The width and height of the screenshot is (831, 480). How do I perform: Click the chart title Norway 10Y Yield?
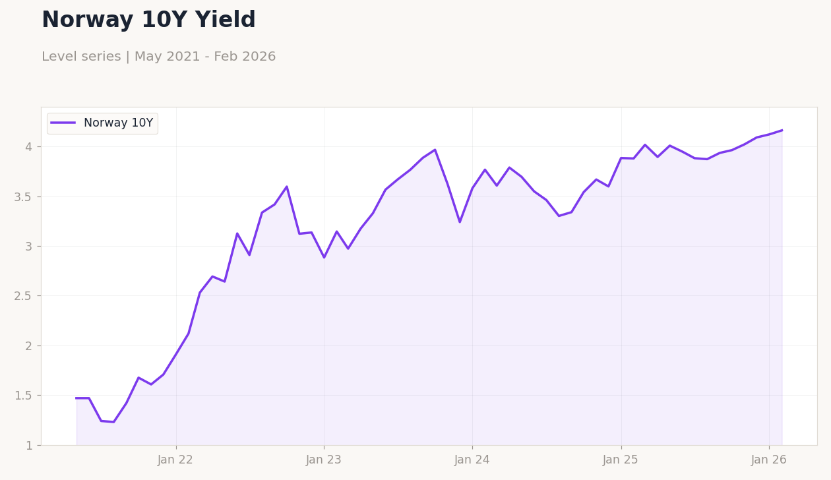(x=148, y=20)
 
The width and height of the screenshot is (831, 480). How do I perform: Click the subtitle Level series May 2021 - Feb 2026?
(x=158, y=57)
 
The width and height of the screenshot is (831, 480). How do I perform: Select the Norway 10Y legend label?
(x=118, y=123)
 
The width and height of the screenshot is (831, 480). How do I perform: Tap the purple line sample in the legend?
(x=63, y=123)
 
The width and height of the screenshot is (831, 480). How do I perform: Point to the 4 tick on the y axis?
(x=28, y=146)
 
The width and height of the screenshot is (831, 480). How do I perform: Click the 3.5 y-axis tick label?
(x=23, y=196)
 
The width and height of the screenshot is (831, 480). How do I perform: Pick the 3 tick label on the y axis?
(x=28, y=246)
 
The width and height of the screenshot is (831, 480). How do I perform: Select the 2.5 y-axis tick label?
(x=23, y=296)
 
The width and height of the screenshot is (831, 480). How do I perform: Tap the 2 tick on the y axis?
(x=28, y=345)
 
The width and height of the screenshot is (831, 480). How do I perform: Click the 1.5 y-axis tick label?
(x=23, y=396)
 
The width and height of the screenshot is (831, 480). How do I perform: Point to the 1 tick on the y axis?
(x=28, y=445)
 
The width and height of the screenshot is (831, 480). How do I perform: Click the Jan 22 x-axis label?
(x=175, y=460)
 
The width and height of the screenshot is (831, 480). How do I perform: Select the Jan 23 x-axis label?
(x=324, y=460)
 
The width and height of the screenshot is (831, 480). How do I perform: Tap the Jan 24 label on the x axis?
(x=472, y=460)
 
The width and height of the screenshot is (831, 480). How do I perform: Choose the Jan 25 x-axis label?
(x=621, y=460)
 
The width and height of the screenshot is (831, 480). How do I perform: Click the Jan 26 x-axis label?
(x=769, y=460)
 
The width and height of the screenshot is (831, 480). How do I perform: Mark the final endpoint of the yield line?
(x=782, y=130)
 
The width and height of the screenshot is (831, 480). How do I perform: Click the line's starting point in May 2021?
(x=77, y=398)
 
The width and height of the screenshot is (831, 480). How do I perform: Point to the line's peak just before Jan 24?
(x=435, y=150)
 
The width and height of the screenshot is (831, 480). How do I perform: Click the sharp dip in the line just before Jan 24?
(x=460, y=222)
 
